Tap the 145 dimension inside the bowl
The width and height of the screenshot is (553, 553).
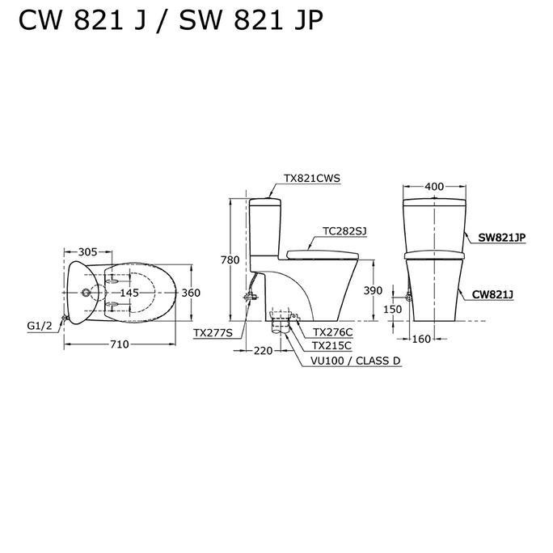(x=129, y=293)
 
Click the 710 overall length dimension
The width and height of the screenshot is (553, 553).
(x=119, y=344)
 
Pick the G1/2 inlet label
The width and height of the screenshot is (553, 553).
(x=40, y=325)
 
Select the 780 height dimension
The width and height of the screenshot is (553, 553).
(x=230, y=260)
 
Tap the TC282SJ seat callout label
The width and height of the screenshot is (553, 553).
(x=344, y=230)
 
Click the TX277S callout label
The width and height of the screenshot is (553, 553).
(x=212, y=332)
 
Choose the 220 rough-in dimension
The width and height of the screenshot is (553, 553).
(x=263, y=351)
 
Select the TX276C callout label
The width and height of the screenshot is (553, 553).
(x=332, y=332)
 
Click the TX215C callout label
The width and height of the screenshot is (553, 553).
(x=332, y=346)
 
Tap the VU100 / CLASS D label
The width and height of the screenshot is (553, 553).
(x=356, y=361)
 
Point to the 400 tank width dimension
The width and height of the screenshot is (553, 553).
(x=434, y=187)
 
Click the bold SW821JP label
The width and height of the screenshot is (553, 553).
(x=501, y=237)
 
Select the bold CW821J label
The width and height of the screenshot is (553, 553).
(x=494, y=295)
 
